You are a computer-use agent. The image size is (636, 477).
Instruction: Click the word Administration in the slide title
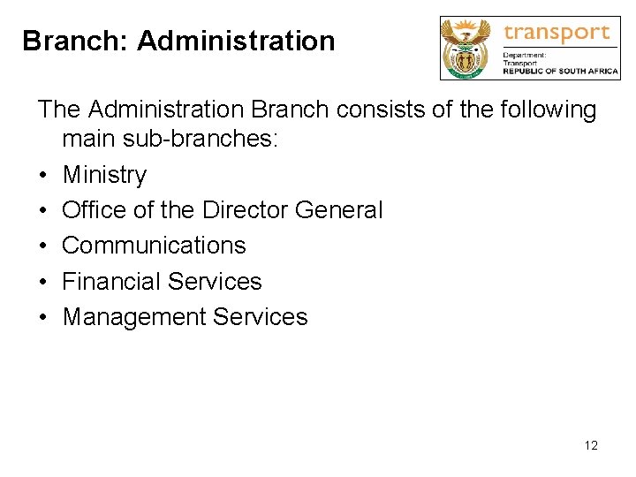[236, 41]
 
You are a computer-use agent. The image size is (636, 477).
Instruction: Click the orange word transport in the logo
[556, 34]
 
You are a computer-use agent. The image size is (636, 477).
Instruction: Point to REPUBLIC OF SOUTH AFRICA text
[560, 72]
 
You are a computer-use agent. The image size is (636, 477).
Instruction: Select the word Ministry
[104, 175]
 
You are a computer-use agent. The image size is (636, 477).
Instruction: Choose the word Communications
[154, 246]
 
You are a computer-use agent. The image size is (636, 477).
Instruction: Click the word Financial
[108, 281]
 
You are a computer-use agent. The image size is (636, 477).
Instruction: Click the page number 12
[591, 445]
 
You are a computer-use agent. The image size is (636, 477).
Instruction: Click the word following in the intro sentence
[545, 110]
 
